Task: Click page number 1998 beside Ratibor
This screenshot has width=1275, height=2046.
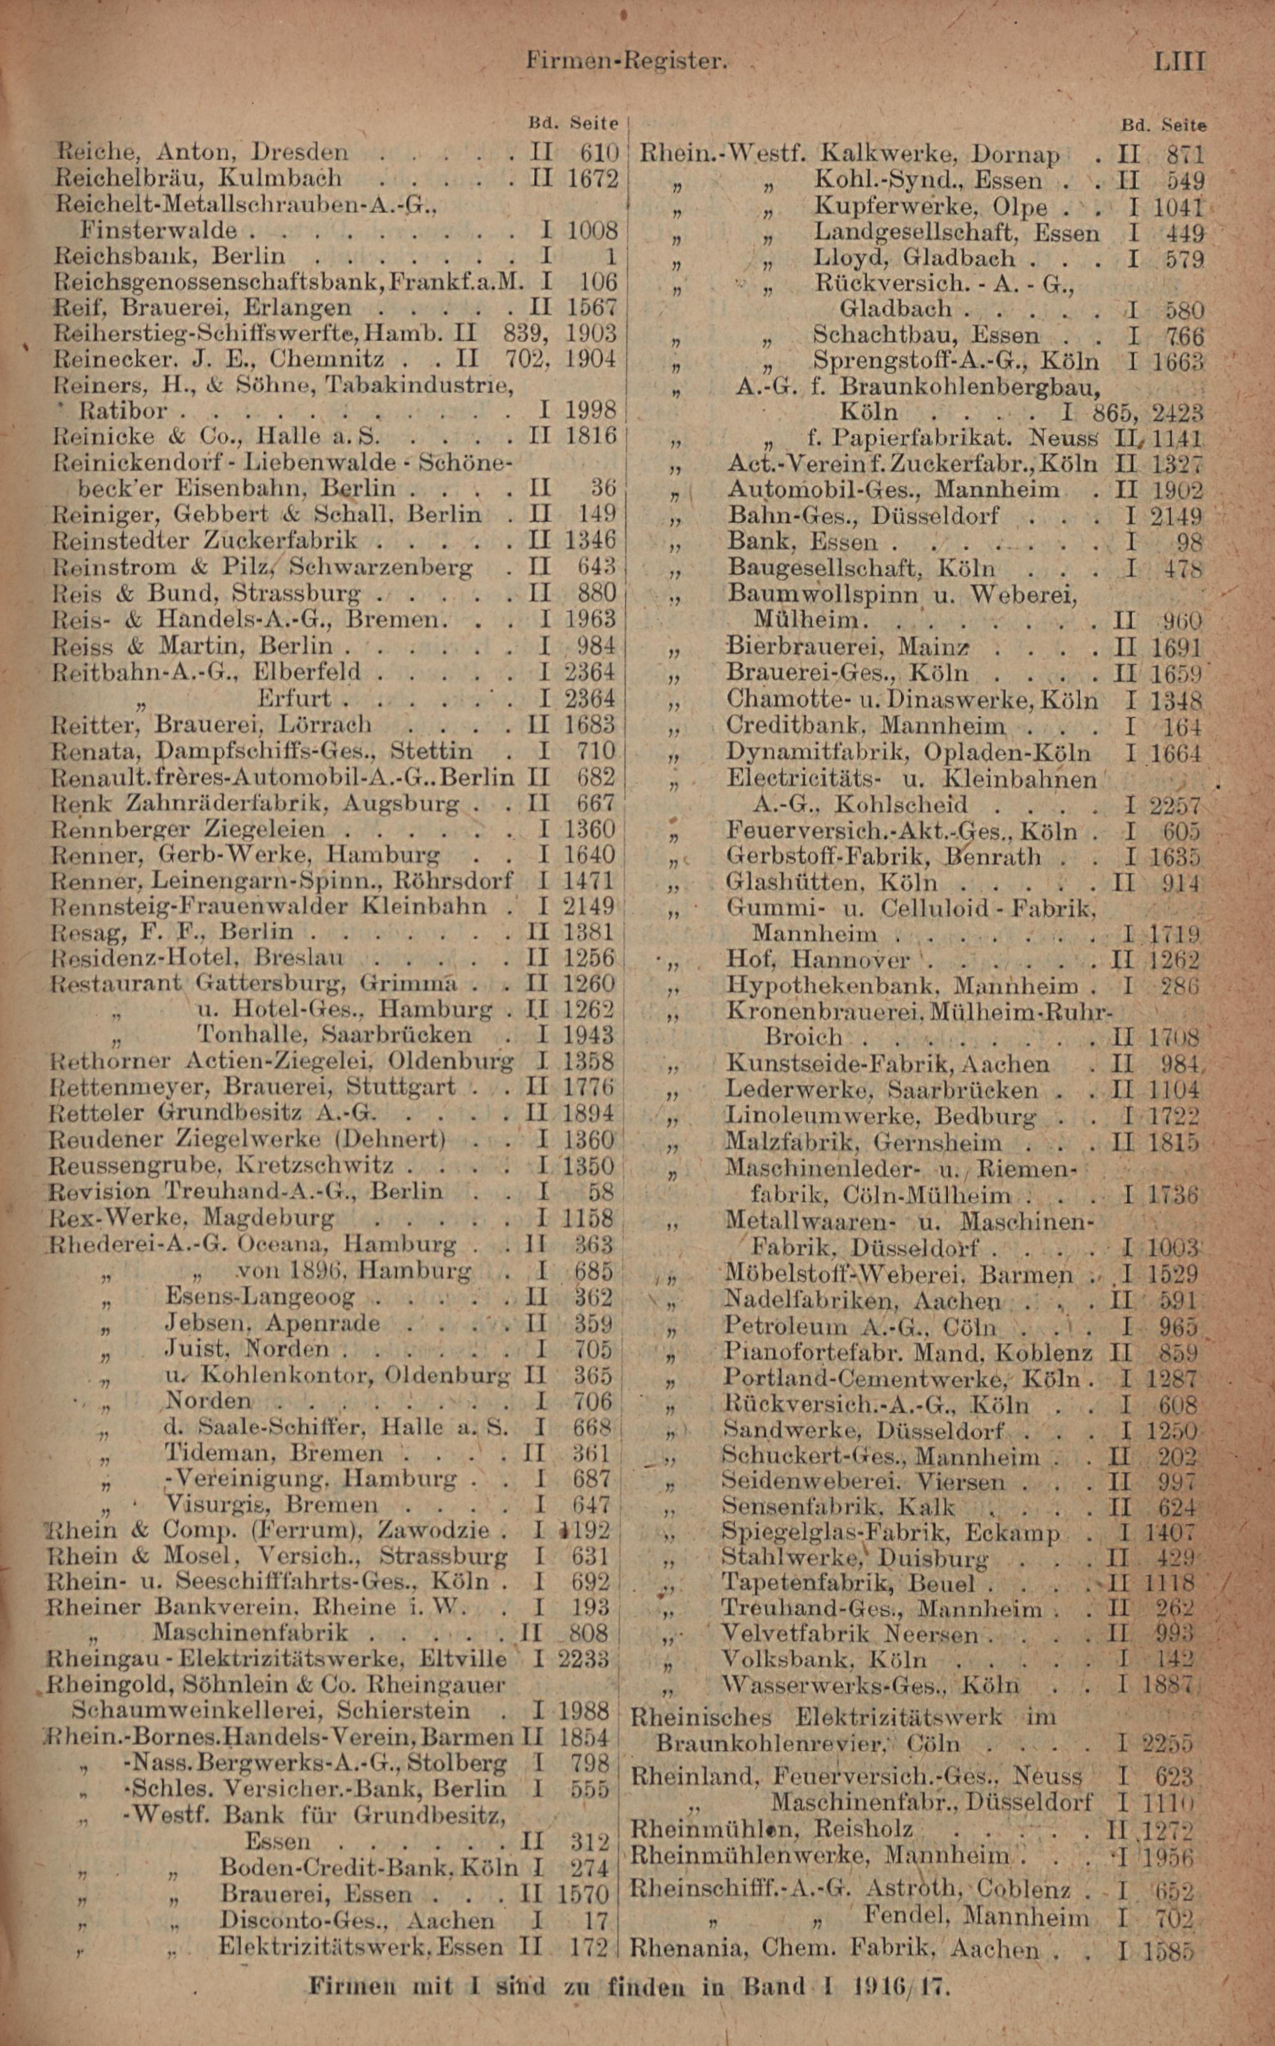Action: coord(591,410)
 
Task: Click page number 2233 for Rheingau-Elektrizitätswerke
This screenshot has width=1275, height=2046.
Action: coord(583,1658)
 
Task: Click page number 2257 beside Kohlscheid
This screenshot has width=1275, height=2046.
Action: coord(1175,805)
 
